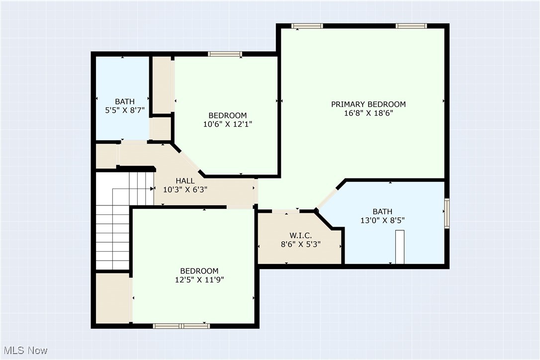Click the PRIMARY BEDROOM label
click(x=368, y=104)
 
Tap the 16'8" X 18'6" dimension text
click(x=368, y=113)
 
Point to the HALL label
click(x=185, y=180)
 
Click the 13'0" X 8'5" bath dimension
click(x=382, y=220)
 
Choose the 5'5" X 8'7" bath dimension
click(x=122, y=111)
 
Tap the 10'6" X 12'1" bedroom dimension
click(x=227, y=124)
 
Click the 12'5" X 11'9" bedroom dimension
click(x=199, y=279)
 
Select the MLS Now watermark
click(x=24, y=351)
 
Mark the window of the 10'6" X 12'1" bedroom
click(x=225, y=54)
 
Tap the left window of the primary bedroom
click(x=307, y=26)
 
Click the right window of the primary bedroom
click(x=411, y=26)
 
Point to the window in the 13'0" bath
click(x=447, y=214)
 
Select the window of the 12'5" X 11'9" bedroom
click(x=181, y=326)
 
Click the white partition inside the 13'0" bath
click(x=400, y=247)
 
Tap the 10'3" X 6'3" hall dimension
click(x=185, y=189)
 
